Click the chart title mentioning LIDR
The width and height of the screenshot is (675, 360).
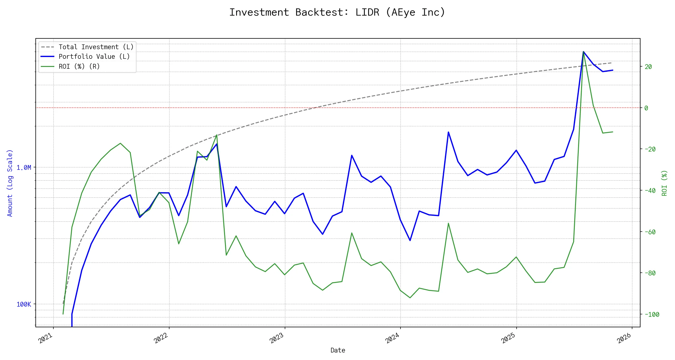[337, 13]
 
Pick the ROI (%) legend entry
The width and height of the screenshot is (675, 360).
[79, 66]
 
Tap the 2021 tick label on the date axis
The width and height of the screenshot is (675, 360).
[46, 338]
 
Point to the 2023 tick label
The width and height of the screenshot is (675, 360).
[277, 338]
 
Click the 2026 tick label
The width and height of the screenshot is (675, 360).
[624, 338]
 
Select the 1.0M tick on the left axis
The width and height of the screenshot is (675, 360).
[24, 167]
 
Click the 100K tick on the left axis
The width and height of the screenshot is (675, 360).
[24, 304]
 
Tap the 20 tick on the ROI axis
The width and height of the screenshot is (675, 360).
[648, 67]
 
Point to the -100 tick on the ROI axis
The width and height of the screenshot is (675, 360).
[652, 314]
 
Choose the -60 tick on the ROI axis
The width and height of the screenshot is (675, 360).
[650, 232]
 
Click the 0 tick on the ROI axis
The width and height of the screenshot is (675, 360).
[646, 108]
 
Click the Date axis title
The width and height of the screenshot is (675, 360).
[338, 350]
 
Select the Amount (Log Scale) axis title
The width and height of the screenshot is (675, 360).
[10, 183]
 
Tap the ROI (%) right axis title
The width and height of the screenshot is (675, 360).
[664, 183]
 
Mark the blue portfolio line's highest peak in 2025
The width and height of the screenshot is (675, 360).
[583, 52]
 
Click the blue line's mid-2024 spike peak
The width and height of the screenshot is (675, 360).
[448, 132]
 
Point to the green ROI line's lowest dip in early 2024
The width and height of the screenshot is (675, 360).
[410, 298]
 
